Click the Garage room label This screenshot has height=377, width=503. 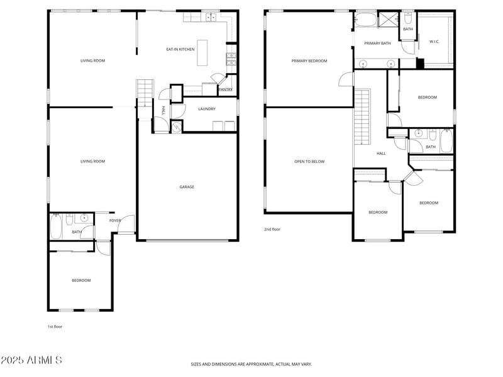[x=187, y=187]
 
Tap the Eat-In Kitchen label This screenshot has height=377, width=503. [x=180, y=50]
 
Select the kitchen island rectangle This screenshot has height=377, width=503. [x=202, y=53]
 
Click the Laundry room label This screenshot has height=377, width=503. [x=207, y=109]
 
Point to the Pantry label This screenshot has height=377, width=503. [x=226, y=89]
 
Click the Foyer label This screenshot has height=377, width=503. [x=115, y=221]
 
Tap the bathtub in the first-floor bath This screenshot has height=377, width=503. [x=56, y=227]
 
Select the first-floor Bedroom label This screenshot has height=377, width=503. [x=81, y=281]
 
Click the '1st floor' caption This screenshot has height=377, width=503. [x=55, y=327]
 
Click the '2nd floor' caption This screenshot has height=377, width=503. [x=272, y=229]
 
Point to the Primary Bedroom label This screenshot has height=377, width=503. [x=309, y=60]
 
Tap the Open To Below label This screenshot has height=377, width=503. [x=309, y=162]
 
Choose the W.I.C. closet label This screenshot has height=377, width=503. [x=434, y=42]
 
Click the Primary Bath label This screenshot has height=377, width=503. [x=378, y=43]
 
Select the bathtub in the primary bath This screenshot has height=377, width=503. [x=365, y=20]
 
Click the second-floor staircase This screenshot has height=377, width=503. [x=362, y=117]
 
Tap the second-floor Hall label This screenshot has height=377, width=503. [x=381, y=154]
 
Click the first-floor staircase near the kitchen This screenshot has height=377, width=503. [x=145, y=93]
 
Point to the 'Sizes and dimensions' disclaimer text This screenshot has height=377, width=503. [x=251, y=364]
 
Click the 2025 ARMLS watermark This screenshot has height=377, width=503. [x=31, y=360]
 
